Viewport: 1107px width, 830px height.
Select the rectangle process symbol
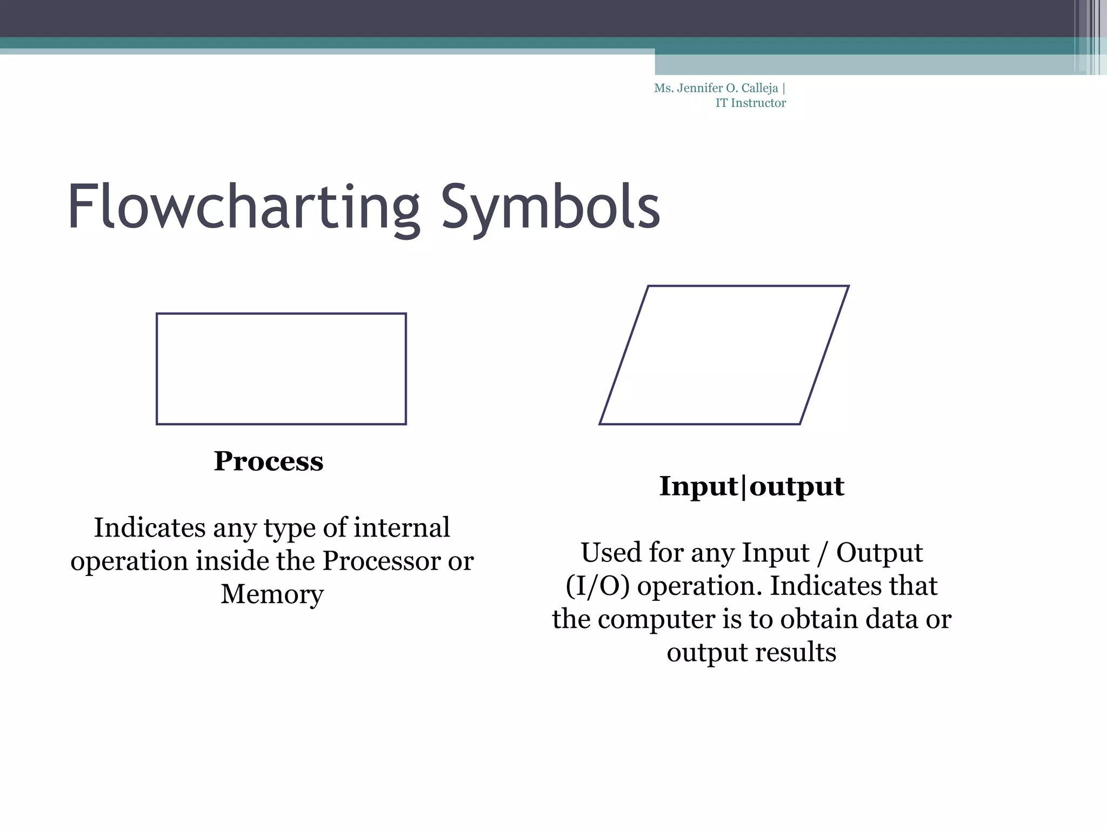281,369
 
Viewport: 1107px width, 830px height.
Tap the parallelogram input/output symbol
724,355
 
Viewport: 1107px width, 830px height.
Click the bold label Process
269,461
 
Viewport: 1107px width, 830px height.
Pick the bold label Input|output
751,486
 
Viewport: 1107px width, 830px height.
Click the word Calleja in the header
759,88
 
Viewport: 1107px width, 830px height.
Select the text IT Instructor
750,103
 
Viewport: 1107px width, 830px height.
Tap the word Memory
272,594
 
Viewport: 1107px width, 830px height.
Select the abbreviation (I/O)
598,586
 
